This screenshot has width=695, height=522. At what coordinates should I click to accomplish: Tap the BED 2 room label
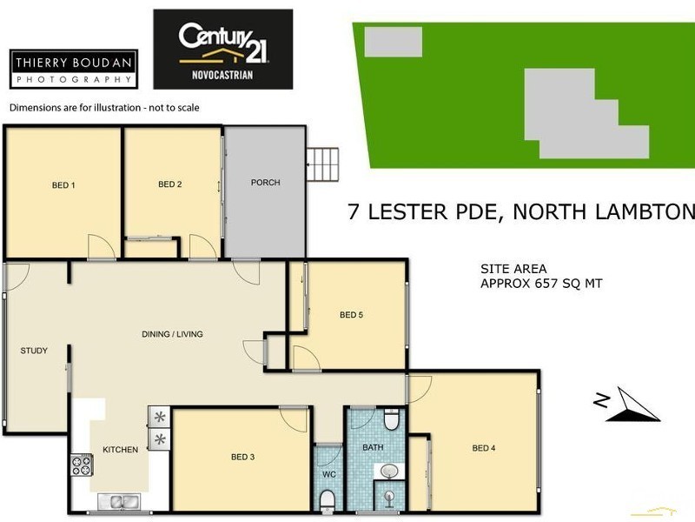(x=170, y=184)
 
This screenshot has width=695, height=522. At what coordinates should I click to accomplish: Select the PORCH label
(x=265, y=183)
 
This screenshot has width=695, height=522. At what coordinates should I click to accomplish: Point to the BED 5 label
(x=351, y=314)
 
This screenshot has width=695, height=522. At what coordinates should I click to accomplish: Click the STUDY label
(x=34, y=351)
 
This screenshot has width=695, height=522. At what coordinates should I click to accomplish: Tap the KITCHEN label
(x=121, y=450)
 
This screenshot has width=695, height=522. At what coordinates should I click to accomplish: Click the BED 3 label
(x=242, y=456)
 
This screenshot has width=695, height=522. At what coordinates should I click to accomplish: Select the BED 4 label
(x=484, y=448)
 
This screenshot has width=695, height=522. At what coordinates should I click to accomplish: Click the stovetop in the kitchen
(x=81, y=465)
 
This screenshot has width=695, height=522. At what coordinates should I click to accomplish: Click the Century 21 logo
(x=223, y=50)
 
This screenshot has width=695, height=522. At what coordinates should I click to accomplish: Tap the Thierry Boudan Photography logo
(x=74, y=68)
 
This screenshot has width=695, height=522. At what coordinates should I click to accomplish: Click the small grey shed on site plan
(x=393, y=41)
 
